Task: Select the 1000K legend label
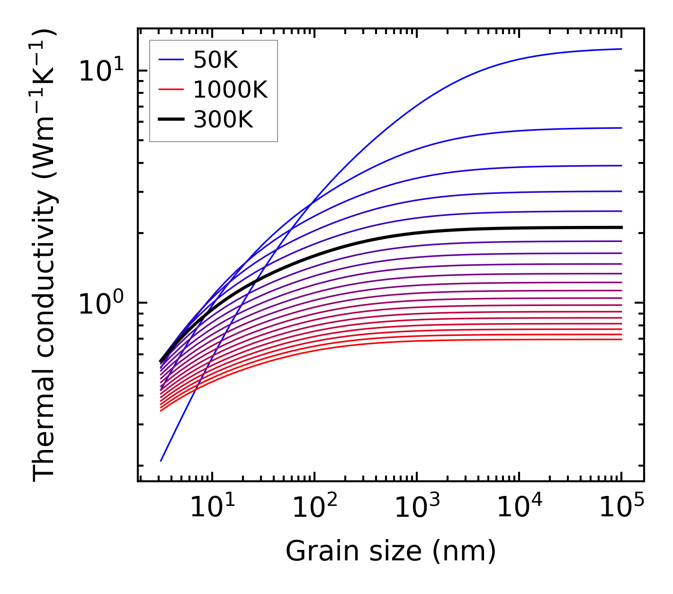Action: point(230,90)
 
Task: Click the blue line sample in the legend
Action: point(170,60)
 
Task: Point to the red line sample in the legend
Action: point(170,90)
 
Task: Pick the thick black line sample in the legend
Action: point(170,120)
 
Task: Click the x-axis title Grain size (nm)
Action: point(391,551)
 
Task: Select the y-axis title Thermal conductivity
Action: point(45,256)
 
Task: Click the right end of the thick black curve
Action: point(621,227)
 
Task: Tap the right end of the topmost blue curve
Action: point(621,49)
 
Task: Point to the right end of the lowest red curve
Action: point(621,339)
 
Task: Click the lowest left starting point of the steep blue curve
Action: point(161,460)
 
